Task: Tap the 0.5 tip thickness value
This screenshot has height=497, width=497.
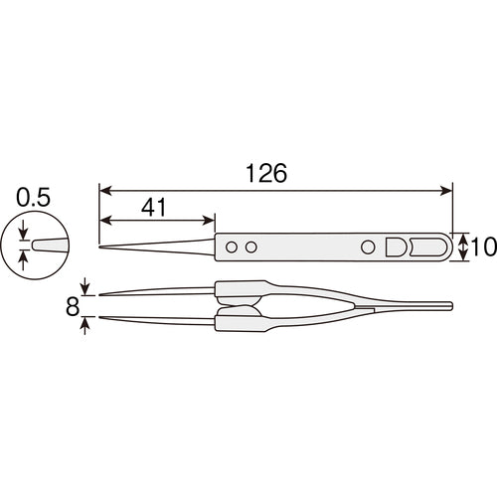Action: (35, 196)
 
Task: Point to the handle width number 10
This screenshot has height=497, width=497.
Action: (483, 247)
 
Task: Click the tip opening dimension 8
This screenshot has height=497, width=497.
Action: (72, 305)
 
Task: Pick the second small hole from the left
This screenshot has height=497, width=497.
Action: (252, 246)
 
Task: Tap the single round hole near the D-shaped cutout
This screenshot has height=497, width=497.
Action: (368, 246)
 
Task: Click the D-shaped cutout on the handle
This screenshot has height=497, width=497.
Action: (396, 246)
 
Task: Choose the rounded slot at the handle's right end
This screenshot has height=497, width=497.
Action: (429, 246)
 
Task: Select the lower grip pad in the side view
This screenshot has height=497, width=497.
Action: (239, 320)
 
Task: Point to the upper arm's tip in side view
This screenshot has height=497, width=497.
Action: (101, 294)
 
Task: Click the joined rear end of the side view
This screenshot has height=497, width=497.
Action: (449, 305)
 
